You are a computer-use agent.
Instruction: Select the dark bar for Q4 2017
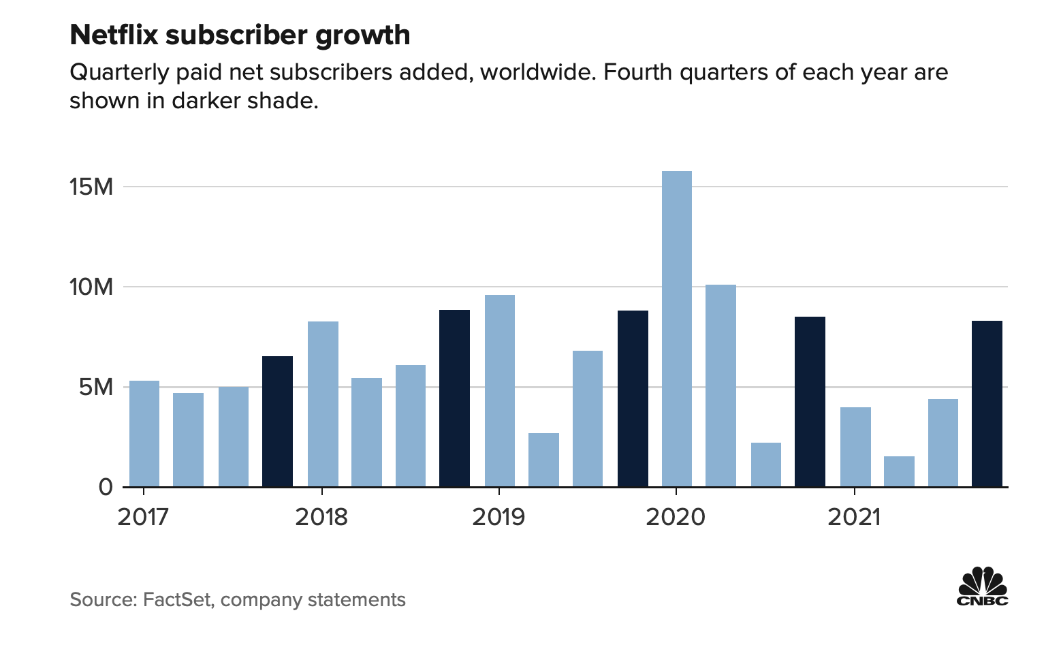click(x=277, y=422)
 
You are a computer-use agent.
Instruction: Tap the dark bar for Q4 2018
click(x=454, y=398)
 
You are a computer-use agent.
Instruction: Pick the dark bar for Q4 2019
click(x=633, y=398)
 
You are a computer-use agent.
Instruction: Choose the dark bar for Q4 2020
click(x=810, y=402)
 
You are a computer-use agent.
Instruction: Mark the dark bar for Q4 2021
click(x=987, y=404)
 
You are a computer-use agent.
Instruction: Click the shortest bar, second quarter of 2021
click(x=899, y=471)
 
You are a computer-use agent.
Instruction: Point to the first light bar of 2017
click(x=144, y=434)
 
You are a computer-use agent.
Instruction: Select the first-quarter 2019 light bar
click(x=499, y=391)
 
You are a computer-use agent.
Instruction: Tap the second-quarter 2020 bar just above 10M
click(x=720, y=385)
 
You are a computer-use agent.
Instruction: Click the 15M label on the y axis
click(x=91, y=187)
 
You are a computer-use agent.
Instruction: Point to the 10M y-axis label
click(x=91, y=287)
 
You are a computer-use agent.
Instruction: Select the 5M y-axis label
click(x=95, y=388)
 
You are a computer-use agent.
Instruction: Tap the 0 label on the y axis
click(x=105, y=487)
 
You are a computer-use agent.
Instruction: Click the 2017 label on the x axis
click(x=143, y=517)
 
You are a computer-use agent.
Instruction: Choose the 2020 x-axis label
click(x=676, y=517)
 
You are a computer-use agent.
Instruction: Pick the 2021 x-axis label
click(x=853, y=517)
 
